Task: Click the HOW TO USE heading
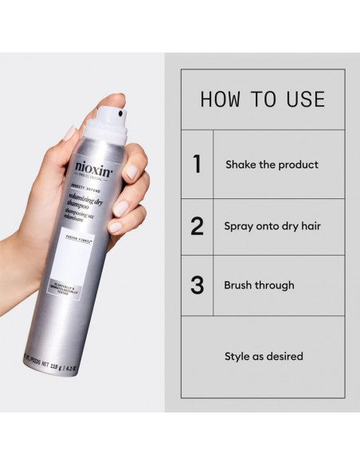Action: click(262, 100)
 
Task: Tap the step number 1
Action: click(197, 165)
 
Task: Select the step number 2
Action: click(197, 226)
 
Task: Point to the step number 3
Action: click(197, 285)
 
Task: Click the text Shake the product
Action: click(272, 165)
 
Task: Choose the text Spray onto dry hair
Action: click(273, 226)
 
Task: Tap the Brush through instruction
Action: click(259, 285)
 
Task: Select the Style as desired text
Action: click(263, 356)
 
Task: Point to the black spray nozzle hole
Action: click(119, 115)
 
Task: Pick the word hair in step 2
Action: click(309, 226)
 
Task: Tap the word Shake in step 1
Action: click(241, 165)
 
